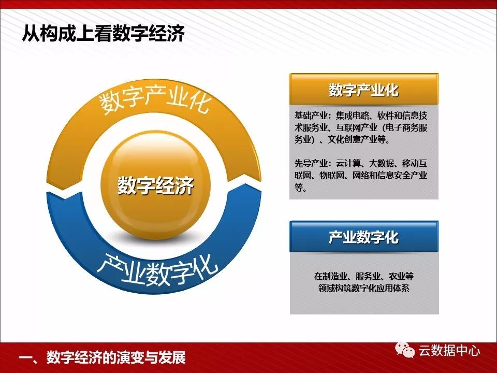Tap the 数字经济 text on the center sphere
(155, 186)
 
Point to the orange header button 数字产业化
(363, 90)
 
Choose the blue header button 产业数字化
(363, 237)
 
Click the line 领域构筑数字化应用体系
(363, 288)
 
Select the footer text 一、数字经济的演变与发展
(101, 358)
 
